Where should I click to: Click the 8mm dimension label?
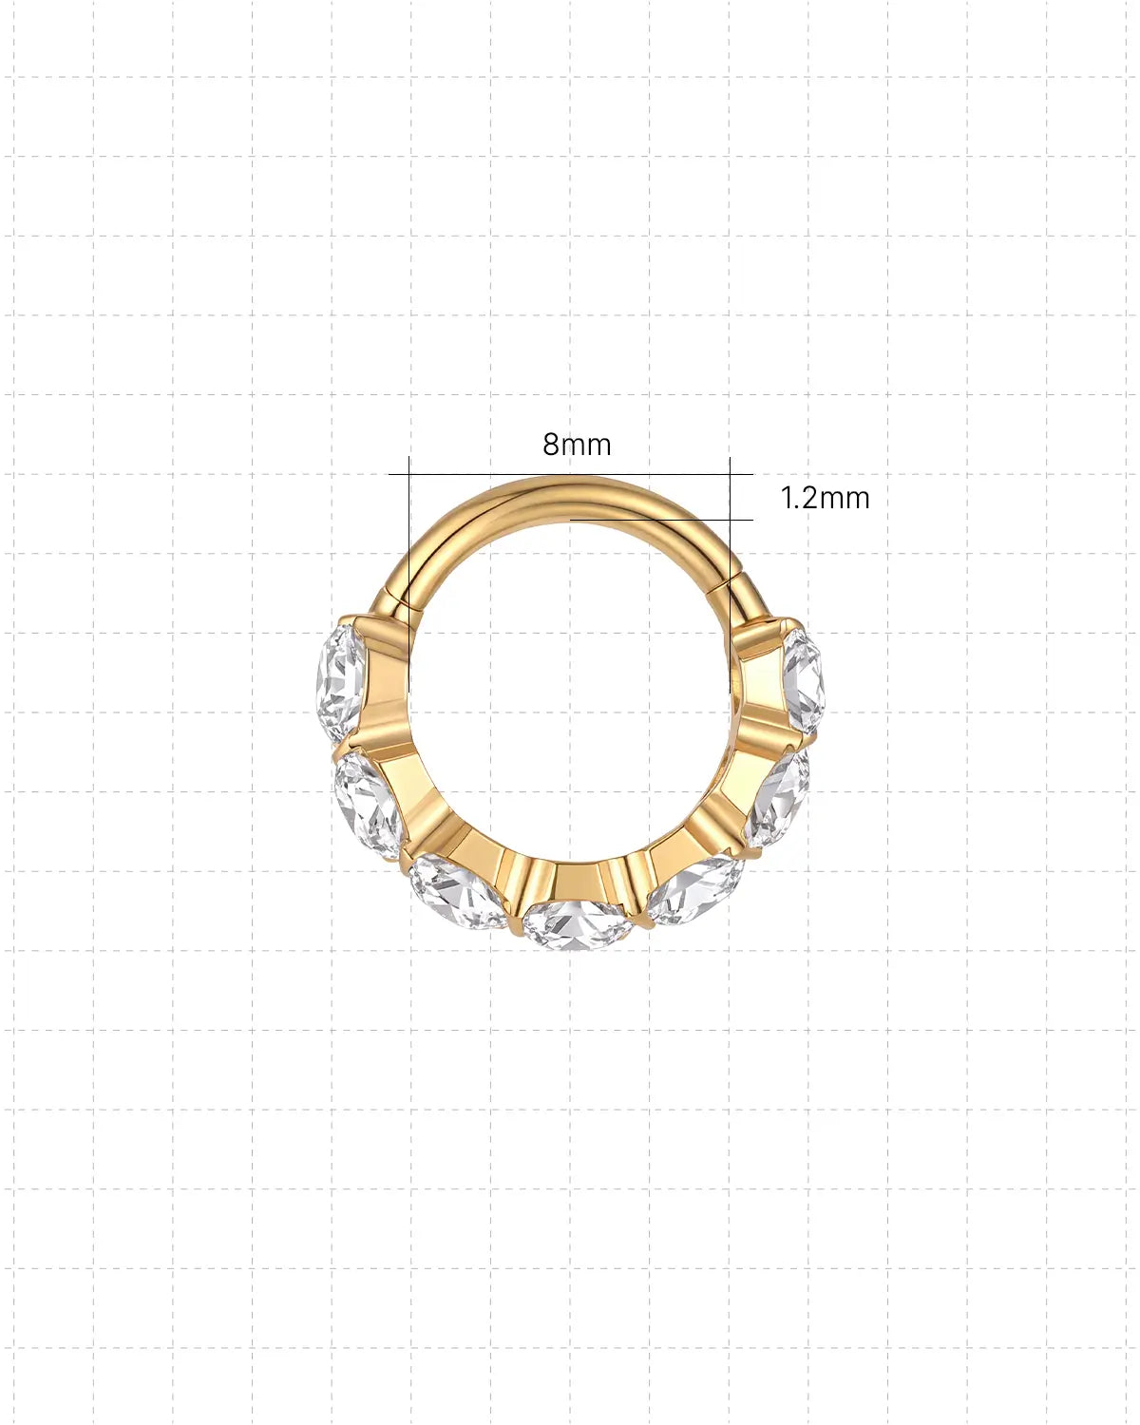(x=577, y=445)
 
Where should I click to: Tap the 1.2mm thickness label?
(x=825, y=498)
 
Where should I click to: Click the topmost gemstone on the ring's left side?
(x=340, y=683)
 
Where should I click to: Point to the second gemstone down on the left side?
(x=369, y=806)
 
